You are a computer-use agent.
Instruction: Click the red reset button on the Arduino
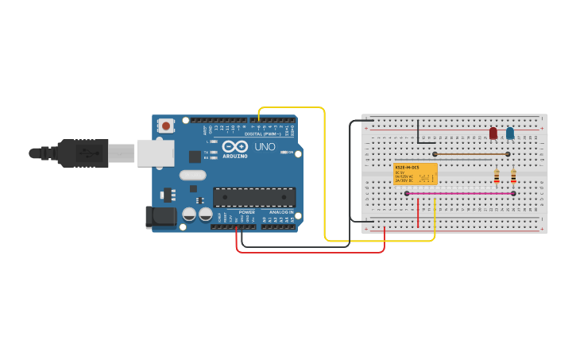pyautogui.click(x=165, y=126)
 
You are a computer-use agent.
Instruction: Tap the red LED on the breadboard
pyautogui.click(x=493, y=133)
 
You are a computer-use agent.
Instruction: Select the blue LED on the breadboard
pyautogui.click(x=510, y=133)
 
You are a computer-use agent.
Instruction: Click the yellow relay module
pyautogui.click(x=416, y=174)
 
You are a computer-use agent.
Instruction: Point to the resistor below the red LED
pyautogui.click(x=497, y=177)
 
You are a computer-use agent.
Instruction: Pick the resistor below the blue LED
pyautogui.click(x=513, y=177)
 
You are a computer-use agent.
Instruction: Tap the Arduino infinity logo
pyautogui.click(x=235, y=146)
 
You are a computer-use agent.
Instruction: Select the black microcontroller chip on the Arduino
pyautogui.click(x=253, y=197)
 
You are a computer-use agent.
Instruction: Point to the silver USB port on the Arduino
pyautogui.click(x=155, y=153)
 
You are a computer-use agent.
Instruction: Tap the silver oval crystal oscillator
pyautogui.click(x=192, y=176)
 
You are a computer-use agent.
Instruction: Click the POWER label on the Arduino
pyautogui.click(x=247, y=212)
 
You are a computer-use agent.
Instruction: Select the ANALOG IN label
pyautogui.click(x=280, y=212)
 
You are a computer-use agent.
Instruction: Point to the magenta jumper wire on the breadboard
pyautogui.click(x=460, y=193)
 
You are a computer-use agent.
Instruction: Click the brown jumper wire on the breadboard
pyautogui.click(x=472, y=154)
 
